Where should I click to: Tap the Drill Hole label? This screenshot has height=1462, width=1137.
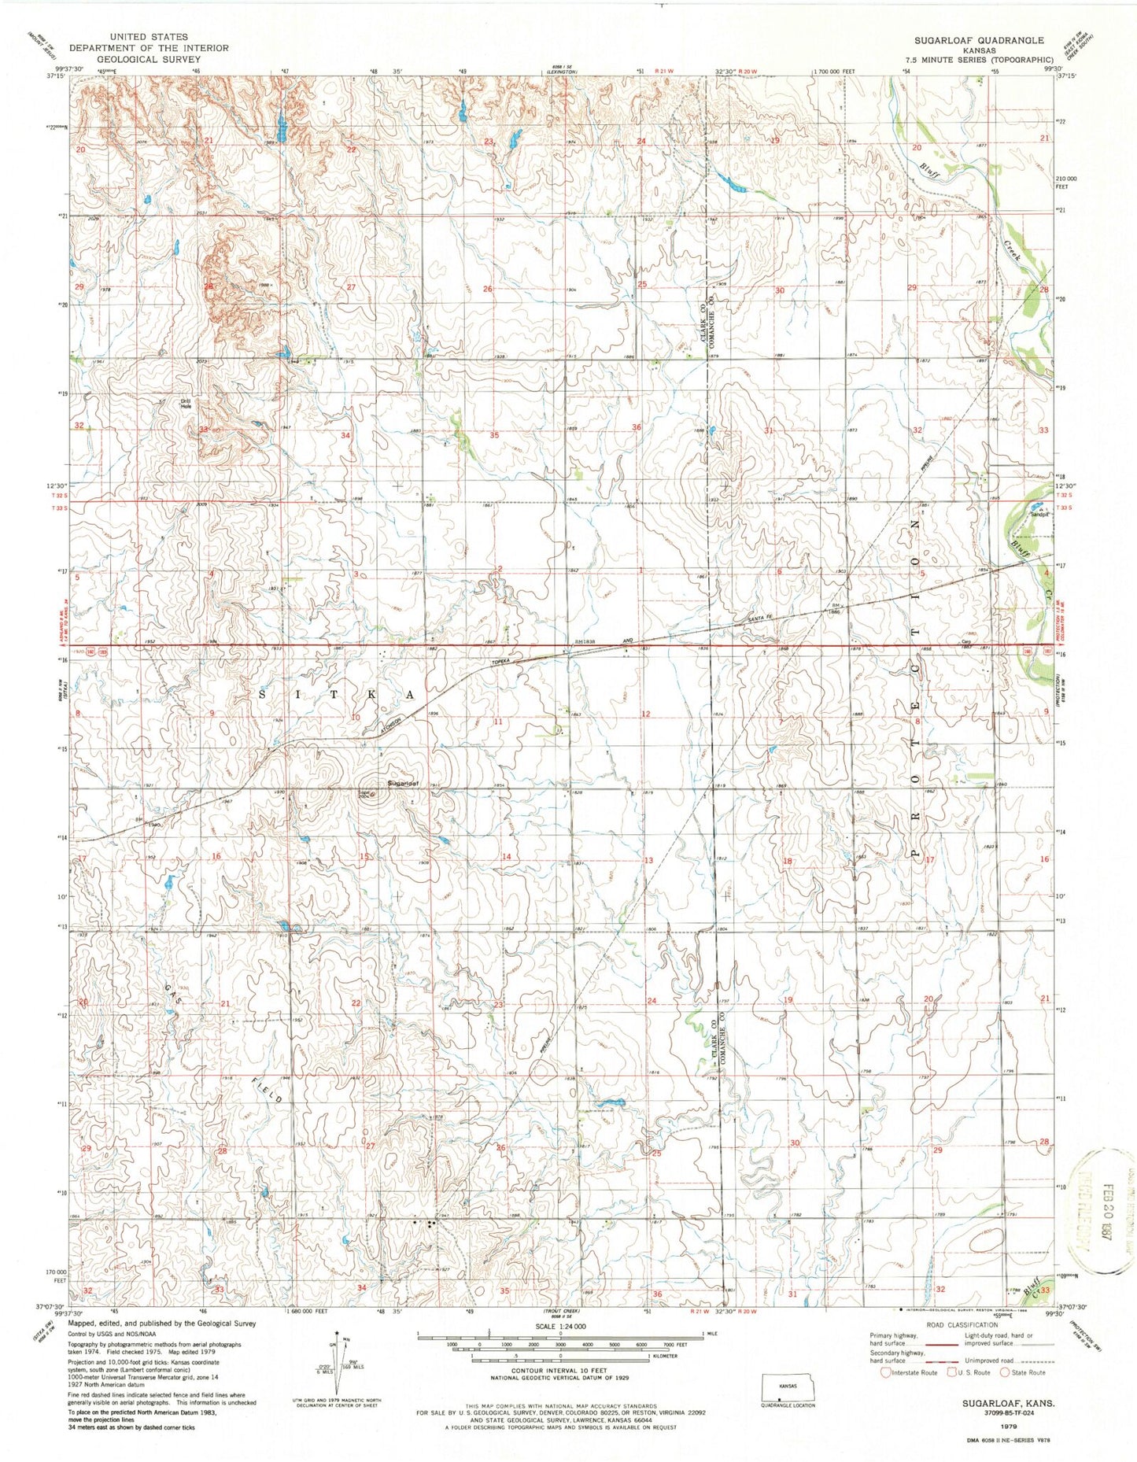click(186, 404)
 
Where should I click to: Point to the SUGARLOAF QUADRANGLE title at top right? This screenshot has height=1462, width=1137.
click(979, 39)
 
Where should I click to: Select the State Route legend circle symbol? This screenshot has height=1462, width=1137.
click(1006, 1372)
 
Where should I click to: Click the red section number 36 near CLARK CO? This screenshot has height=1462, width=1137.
click(637, 427)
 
